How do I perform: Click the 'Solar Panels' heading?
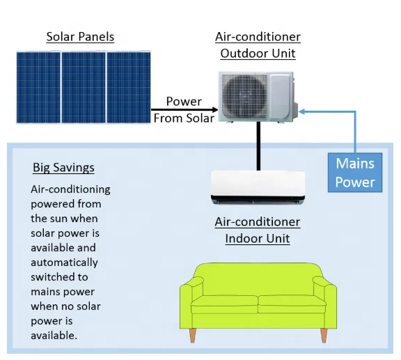point(80,36)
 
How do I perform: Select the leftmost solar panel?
point(38,87)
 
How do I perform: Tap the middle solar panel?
point(83,87)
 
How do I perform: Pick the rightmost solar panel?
point(128,87)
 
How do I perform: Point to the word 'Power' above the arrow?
point(184,101)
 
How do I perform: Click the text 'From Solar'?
point(184,118)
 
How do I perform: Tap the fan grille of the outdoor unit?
point(244,95)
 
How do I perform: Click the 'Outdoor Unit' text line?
point(258,53)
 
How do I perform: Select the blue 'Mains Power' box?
point(355,173)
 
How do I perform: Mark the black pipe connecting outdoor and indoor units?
point(258,146)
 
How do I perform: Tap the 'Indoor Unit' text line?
point(258,239)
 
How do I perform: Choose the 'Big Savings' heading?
point(63,168)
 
